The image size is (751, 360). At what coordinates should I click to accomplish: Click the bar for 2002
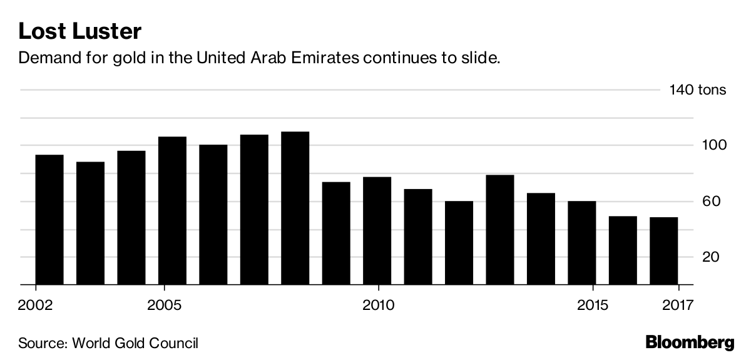click(49, 220)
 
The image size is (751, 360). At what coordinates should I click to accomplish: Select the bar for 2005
click(172, 210)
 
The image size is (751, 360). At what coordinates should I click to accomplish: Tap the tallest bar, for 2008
click(295, 208)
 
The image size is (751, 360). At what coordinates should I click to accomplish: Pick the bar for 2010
click(377, 230)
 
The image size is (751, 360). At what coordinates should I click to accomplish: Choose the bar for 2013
click(500, 230)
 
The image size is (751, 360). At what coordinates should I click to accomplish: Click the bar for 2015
click(582, 243)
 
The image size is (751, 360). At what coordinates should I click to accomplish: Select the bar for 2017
click(664, 251)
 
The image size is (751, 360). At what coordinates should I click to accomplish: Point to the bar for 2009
click(336, 233)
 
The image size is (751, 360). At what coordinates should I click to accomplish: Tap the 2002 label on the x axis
click(36, 306)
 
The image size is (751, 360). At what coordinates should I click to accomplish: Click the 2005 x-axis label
click(164, 306)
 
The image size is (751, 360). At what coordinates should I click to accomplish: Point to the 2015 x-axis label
click(592, 306)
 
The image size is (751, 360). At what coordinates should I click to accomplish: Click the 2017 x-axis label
click(678, 306)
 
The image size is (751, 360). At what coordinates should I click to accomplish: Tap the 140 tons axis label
click(698, 90)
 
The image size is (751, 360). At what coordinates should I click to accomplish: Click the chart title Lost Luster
click(80, 31)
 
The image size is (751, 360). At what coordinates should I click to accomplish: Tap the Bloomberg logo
click(690, 342)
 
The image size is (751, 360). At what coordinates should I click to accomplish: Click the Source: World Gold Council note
click(108, 343)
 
